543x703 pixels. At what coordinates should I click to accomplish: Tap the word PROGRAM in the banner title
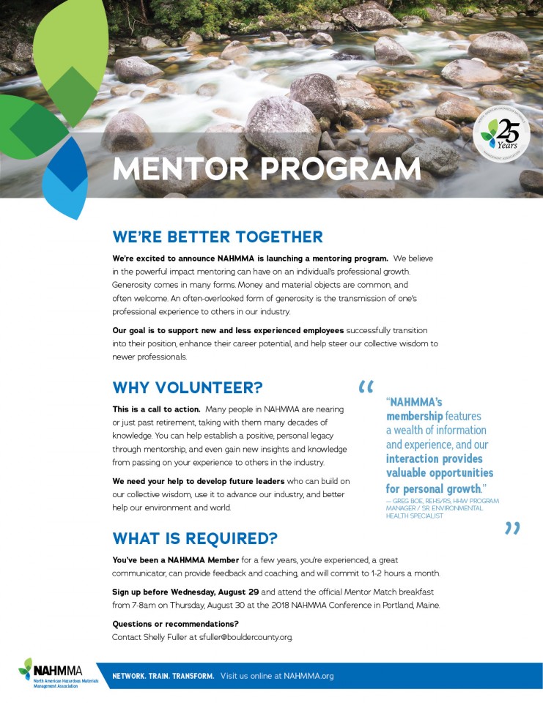tap(341, 168)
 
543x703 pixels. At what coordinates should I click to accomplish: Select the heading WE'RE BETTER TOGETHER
tap(218, 237)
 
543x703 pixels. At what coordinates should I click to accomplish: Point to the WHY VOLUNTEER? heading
tap(188, 387)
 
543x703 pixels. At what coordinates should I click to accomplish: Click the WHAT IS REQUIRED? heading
tap(195, 539)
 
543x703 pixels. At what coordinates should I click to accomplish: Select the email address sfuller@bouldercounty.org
tap(240, 637)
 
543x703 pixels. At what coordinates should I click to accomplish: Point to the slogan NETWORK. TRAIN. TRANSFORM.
tap(163, 676)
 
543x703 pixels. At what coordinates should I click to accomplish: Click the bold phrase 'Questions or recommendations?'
tap(175, 624)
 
